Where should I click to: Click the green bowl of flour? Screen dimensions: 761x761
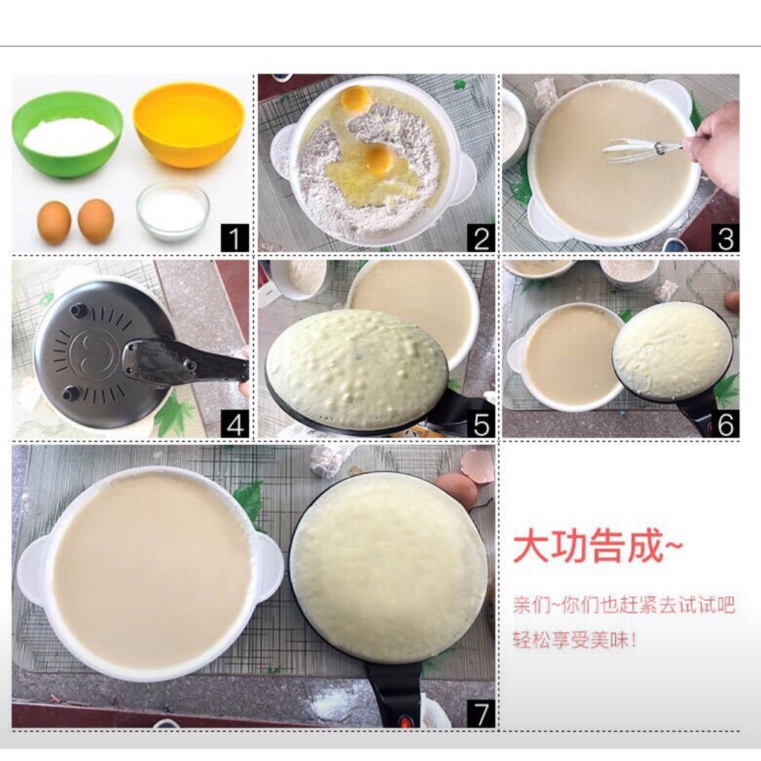(x=67, y=135)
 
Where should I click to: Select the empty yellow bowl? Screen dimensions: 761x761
(x=189, y=125)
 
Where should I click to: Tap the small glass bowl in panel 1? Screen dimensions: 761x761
(x=172, y=212)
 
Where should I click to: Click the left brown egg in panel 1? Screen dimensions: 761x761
(x=54, y=222)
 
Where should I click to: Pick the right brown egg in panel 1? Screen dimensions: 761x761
(x=96, y=221)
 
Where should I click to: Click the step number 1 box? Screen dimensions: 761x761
(x=235, y=238)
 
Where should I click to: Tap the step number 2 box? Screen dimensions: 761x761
(x=481, y=238)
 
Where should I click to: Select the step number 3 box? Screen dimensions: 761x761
(x=725, y=238)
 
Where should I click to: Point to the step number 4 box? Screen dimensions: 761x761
(x=235, y=424)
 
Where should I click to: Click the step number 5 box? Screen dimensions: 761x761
(x=481, y=424)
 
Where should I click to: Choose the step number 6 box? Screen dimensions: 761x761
(x=725, y=424)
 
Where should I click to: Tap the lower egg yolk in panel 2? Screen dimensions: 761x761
(x=378, y=160)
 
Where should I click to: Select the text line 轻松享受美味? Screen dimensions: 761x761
(x=574, y=640)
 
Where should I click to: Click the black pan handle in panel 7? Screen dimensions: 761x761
(x=394, y=694)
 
